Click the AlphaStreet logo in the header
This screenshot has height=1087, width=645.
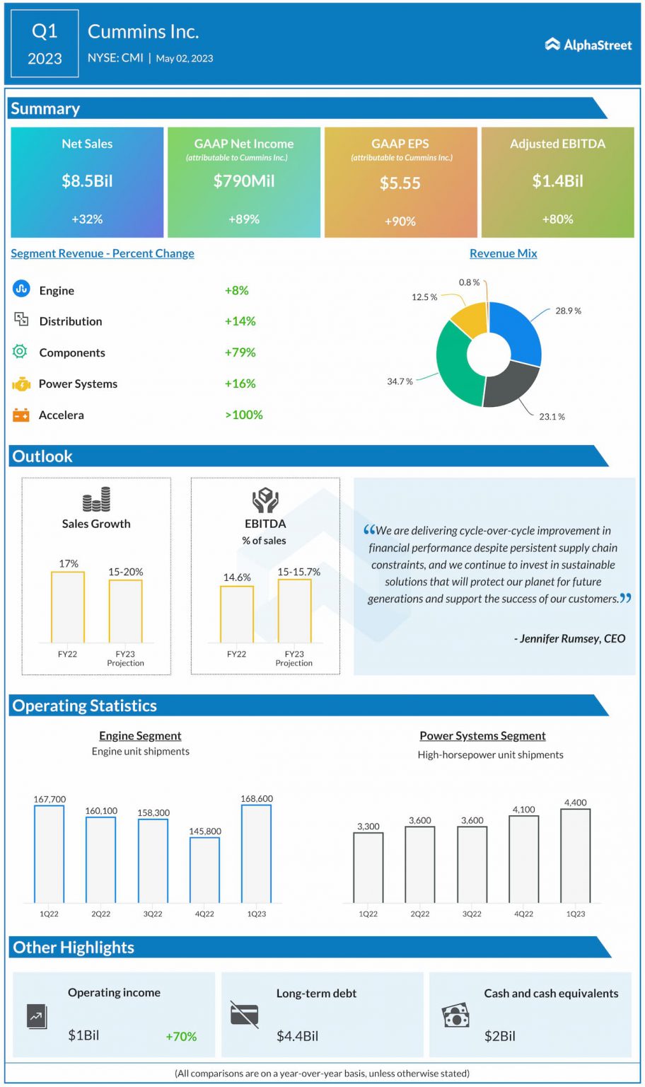588,45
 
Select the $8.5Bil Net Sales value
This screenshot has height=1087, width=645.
87,180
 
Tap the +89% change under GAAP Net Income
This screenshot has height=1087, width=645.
244,219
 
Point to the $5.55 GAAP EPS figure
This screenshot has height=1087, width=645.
400,183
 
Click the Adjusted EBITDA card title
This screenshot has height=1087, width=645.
557,144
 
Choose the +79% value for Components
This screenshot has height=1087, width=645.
240,352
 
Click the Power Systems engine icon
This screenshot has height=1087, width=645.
21,384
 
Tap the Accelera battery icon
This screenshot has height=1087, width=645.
21,415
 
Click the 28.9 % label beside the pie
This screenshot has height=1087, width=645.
568,311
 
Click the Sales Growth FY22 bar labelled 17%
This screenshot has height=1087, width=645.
68,606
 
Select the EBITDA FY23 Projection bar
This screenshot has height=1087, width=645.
294,611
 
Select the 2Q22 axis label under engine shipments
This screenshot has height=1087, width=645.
101,914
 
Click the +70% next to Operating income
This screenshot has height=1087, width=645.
181,1036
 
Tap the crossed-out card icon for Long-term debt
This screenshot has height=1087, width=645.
244,1015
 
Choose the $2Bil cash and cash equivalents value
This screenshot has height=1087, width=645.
499,1036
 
